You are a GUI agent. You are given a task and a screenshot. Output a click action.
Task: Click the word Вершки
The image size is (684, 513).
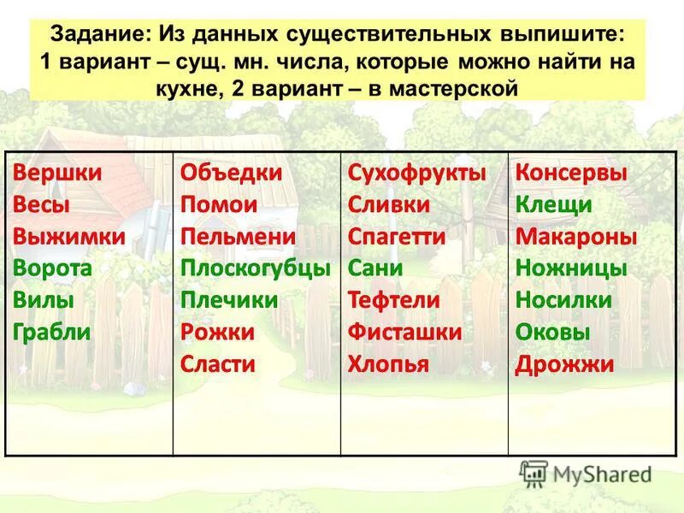(57, 173)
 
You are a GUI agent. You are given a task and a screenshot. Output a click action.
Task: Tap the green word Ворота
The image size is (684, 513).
(52, 268)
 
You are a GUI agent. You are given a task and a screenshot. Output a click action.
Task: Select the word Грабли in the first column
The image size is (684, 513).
(52, 333)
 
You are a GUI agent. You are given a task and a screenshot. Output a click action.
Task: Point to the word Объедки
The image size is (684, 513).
(231, 173)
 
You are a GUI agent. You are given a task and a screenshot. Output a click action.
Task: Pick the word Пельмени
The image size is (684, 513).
(238, 237)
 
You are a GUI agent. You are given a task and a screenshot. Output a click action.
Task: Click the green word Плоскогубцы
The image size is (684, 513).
(255, 268)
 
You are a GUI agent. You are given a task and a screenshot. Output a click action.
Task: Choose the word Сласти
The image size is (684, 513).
(218, 364)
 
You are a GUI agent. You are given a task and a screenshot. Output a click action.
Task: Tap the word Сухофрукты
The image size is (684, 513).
(416, 173)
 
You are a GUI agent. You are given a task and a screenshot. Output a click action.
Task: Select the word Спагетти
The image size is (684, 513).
(397, 237)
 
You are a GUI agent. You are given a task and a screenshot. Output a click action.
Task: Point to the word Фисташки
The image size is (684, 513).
(404, 333)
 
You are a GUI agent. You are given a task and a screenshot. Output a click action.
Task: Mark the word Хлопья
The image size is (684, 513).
(388, 364)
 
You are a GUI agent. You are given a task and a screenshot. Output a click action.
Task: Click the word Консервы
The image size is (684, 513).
(571, 173)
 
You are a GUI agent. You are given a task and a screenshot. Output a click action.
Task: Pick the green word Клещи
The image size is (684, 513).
(553, 205)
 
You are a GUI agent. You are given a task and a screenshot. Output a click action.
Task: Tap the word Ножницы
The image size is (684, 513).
(571, 268)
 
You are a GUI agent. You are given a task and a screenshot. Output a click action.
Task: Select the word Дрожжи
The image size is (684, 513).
(564, 364)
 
